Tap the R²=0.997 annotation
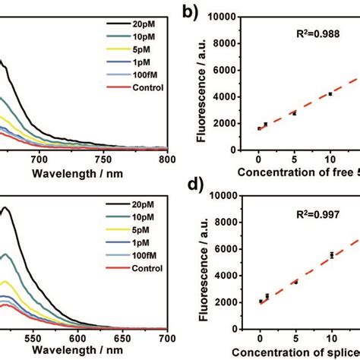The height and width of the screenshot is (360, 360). pyautogui.click(x=314, y=215)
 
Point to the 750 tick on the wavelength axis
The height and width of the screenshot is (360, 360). pyautogui.click(x=103, y=160)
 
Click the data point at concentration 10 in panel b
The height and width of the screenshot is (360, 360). pyautogui.click(x=330, y=94)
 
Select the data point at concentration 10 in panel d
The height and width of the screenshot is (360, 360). pyautogui.click(x=331, y=255)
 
